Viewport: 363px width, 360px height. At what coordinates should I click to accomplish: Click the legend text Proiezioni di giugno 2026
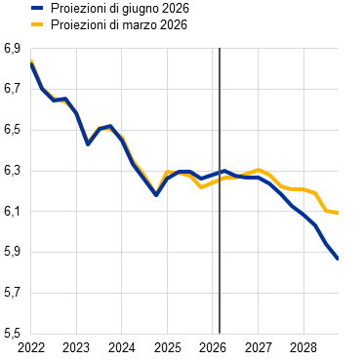pos(120,9)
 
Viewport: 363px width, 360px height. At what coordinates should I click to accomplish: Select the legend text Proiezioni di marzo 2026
pos(119,25)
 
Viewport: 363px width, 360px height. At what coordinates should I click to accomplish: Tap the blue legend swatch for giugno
pos(37,8)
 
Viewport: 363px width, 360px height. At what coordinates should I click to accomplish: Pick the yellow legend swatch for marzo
pos(37,24)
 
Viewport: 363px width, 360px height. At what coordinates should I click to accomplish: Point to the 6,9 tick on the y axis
pos(12,49)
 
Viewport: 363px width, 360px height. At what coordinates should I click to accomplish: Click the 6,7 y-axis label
pos(12,89)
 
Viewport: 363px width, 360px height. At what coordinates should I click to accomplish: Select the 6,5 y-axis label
pos(12,130)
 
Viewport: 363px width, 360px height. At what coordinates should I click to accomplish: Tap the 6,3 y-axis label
pos(12,171)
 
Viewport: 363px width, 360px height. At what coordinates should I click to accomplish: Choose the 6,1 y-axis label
pos(12,212)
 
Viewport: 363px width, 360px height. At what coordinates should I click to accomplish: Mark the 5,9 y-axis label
pos(12,253)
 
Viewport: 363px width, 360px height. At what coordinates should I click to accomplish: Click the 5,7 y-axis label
pos(12,293)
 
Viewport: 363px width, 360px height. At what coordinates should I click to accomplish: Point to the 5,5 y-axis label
pos(12,334)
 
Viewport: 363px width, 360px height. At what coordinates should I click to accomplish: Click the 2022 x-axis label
pos(30,348)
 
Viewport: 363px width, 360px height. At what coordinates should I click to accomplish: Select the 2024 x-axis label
pos(121,348)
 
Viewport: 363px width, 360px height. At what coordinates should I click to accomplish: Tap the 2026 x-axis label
pos(213,348)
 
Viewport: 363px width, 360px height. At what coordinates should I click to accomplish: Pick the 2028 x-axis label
pos(303,348)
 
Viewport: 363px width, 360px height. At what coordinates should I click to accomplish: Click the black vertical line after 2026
pos(220,191)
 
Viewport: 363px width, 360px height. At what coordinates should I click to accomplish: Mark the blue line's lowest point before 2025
pos(156,195)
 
